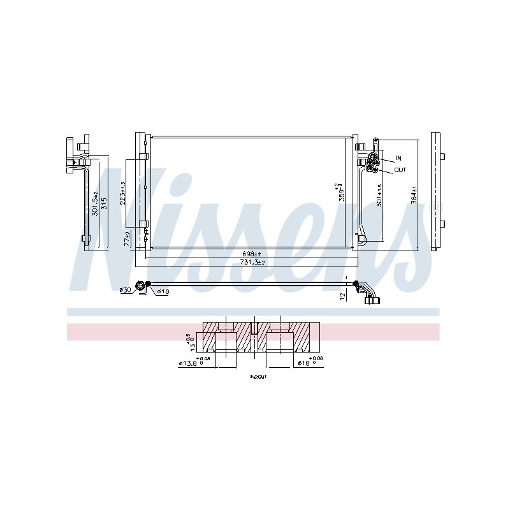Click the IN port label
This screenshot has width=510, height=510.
[398, 157]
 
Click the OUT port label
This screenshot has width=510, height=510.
[400, 170]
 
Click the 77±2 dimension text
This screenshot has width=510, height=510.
[127, 238]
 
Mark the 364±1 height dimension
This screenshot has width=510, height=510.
[413, 194]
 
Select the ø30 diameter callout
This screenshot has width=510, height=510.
[125, 291]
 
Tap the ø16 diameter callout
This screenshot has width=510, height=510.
[162, 291]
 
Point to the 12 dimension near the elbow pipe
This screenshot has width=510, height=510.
[343, 295]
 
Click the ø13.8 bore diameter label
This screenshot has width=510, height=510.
[187, 364]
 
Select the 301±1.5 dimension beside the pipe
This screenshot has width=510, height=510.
[380, 194]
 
